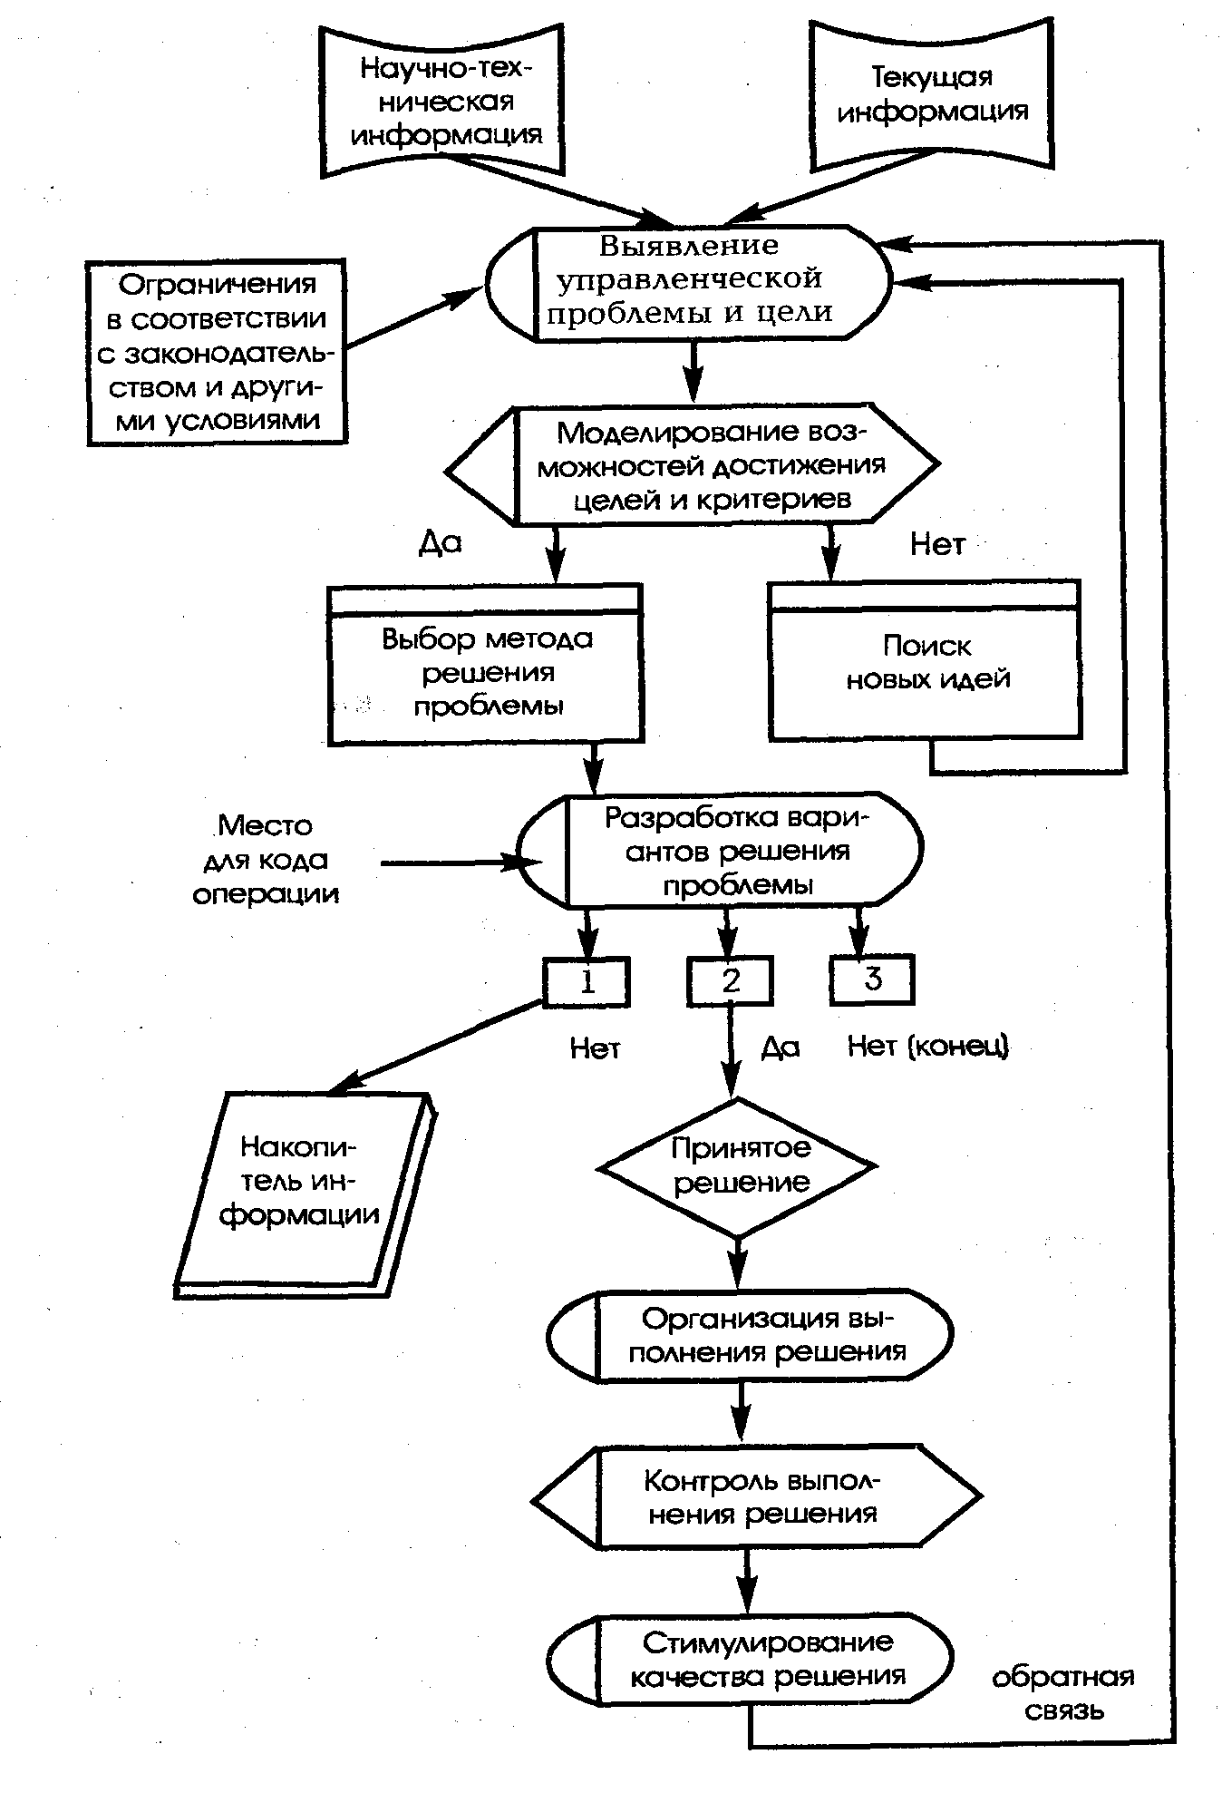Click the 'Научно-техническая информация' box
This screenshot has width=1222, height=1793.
(441, 101)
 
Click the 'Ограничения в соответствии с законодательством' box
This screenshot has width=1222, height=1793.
(217, 352)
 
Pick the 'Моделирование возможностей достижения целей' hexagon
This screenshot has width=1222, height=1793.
(693, 464)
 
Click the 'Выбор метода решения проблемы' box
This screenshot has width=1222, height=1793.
(485, 665)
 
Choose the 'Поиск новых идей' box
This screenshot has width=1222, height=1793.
(925, 660)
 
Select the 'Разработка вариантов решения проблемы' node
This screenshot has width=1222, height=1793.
(720, 851)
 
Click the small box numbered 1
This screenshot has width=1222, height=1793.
(587, 981)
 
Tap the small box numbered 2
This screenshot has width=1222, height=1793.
(731, 981)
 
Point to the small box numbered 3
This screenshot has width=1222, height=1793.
(872, 979)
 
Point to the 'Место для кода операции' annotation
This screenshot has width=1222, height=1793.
(266, 859)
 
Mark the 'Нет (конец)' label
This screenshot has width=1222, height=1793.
(927, 1046)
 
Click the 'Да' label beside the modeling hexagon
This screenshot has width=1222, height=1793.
(441, 542)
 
